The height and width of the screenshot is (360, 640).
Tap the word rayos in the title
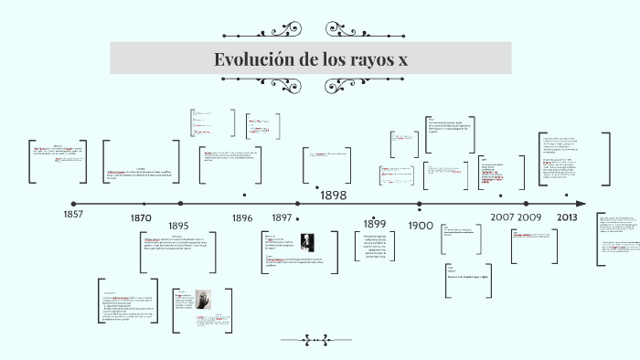[x=362, y=59]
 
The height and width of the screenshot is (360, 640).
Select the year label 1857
[x=73, y=214]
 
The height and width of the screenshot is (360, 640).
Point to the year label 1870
[x=141, y=218]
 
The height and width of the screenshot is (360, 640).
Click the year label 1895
[x=178, y=226]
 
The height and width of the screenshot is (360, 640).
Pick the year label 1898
[x=333, y=195]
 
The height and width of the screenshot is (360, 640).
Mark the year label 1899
[x=375, y=224]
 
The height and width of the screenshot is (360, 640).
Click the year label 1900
[x=421, y=225]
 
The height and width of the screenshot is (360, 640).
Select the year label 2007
[x=502, y=217]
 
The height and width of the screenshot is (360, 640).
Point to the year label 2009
[x=530, y=217]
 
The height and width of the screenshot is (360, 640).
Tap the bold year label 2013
[x=567, y=217]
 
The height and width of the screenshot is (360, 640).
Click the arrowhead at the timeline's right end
[x=581, y=204]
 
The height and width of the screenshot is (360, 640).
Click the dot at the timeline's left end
[x=73, y=204]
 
